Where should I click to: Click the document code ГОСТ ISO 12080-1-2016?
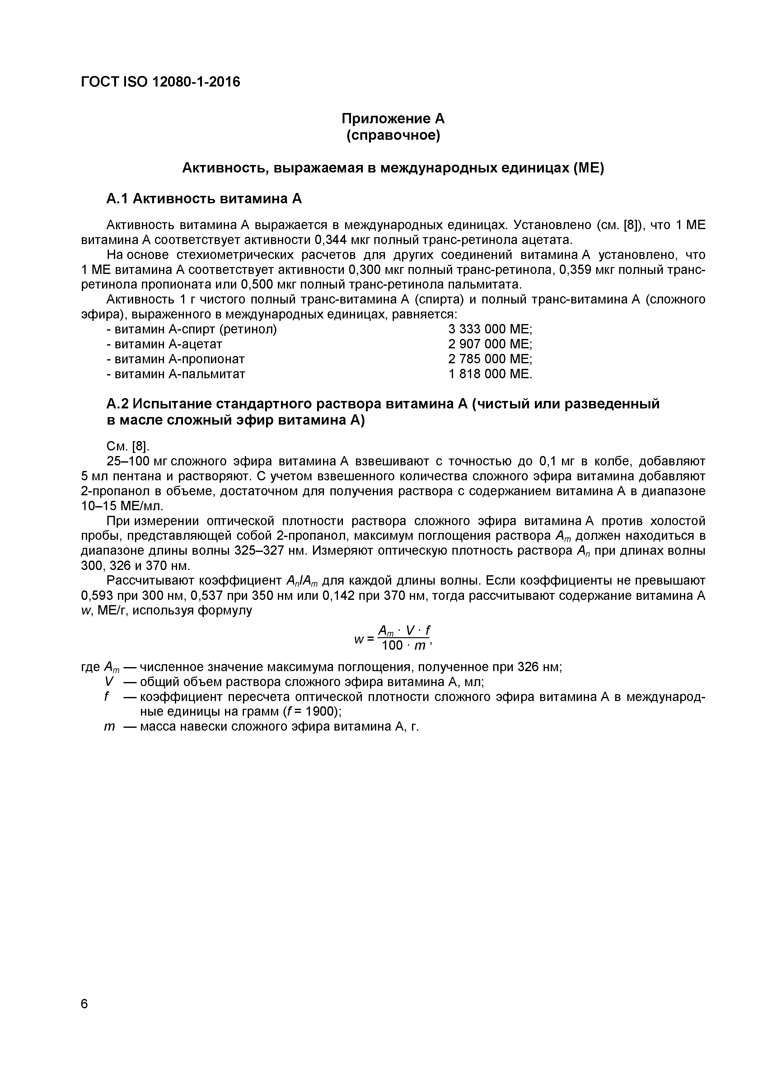click(161, 82)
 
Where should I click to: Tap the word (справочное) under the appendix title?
click(393, 135)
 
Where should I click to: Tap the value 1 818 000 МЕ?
click(490, 374)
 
